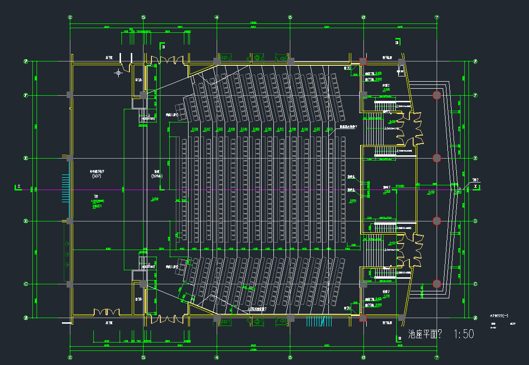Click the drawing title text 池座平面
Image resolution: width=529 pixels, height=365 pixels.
tap(425, 335)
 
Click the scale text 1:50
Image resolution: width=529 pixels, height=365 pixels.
tap(463, 334)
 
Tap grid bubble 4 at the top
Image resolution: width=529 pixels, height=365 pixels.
tap(217, 17)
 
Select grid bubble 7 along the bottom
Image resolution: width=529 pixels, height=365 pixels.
tap(437, 357)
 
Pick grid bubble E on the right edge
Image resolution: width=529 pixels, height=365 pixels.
tap(476, 158)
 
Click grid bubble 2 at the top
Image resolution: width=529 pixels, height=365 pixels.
tap(70, 17)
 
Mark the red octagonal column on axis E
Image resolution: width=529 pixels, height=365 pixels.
tap(437, 158)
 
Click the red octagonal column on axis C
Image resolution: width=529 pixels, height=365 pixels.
tap(437, 283)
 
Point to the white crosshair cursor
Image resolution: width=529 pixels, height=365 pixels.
tap(119, 73)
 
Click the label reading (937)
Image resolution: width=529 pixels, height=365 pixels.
tap(96, 176)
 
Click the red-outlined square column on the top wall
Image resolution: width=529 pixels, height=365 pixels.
tap(363, 61)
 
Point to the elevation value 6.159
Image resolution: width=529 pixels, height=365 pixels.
tap(195, 129)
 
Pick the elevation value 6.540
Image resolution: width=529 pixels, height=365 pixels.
tap(244, 129)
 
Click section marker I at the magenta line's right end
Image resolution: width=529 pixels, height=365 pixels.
tap(476, 187)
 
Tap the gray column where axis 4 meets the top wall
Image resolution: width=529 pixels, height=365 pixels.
tap(217, 61)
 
